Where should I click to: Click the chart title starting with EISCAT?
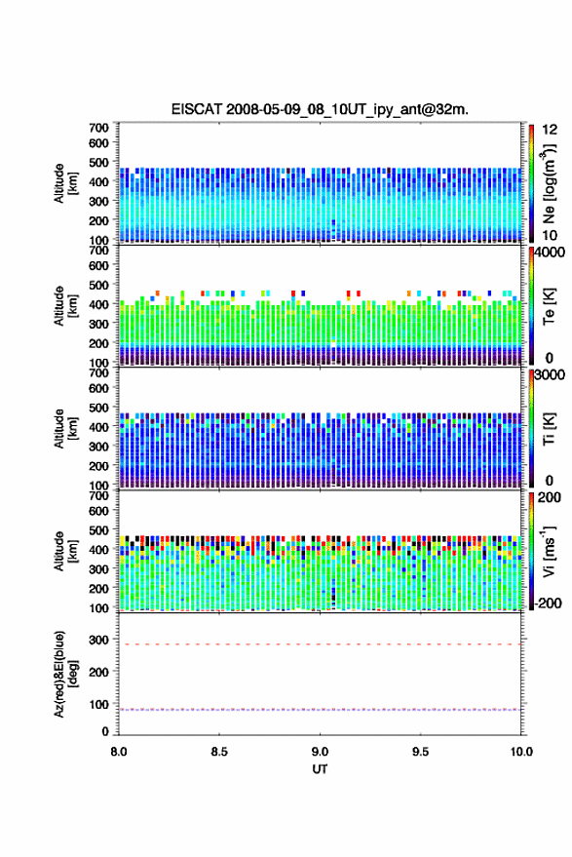click(x=320, y=109)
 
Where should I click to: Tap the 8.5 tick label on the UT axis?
click(x=219, y=752)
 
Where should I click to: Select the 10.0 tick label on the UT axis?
click(x=521, y=752)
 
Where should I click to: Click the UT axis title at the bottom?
click(x=320, y=769)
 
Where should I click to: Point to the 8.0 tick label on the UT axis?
click(x=119, y=752)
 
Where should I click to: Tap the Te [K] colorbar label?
click(x=549, y=306)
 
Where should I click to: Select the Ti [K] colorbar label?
click(x=549, y=429)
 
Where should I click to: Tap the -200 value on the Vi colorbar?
click(x=547, y=603)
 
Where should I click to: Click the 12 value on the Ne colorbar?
click(x=550, y=130)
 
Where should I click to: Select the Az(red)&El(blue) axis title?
click(x=65, y=674)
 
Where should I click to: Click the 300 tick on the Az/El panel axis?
click(x=98, y=640)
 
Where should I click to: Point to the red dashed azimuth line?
click(x=320, y=644)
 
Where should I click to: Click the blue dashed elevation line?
click(x=320, y=710)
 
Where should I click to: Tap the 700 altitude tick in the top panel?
click(x=98, y=128)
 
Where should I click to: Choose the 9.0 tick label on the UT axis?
click(x=320, y=752)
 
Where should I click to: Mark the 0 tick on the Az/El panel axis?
click(x=105, y=731)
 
